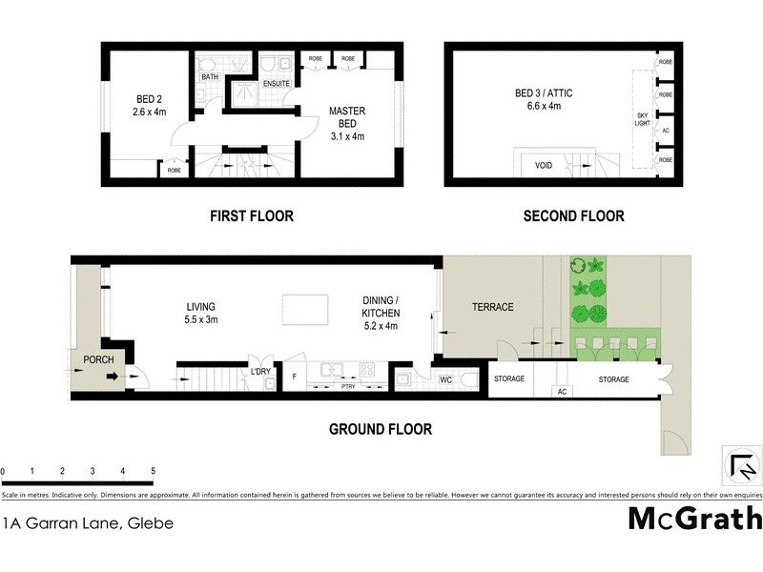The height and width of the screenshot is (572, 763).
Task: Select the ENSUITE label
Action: click(278, 83)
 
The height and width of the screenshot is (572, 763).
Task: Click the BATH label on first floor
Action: click(209, 77)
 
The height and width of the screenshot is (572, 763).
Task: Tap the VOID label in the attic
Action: click(543, 165)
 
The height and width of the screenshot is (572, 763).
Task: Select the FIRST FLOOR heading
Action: click(251, 216)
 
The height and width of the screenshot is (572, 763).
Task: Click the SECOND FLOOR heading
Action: click(573, 216)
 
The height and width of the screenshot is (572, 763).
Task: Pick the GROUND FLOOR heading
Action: click(381, 429)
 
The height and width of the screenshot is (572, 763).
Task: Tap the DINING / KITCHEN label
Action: click(380, 305)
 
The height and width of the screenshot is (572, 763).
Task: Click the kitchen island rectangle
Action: click(305, 309)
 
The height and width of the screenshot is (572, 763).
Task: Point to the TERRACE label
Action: click(493, 307)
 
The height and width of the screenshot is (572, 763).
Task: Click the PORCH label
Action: click(98, 359)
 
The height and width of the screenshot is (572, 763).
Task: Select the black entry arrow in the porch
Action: click(112, 378)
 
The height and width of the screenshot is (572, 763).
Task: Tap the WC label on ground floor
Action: click(445, 379)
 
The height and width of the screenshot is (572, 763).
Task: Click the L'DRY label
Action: click(259, 372)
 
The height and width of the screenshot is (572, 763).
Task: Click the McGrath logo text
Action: click(694, 519)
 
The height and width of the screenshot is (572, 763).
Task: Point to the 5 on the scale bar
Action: click(153, 471)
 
